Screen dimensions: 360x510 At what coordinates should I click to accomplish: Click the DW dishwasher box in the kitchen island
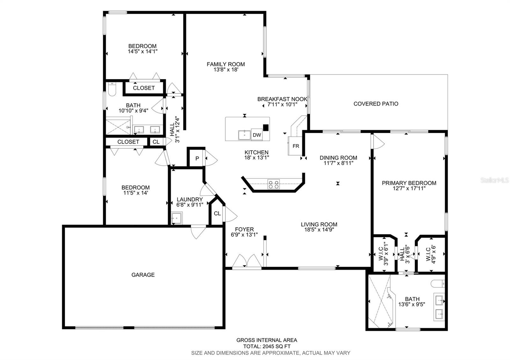(257, 135)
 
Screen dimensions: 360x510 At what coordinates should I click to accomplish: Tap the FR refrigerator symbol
(296, 146)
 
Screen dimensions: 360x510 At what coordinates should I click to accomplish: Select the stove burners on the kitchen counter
(273, 184)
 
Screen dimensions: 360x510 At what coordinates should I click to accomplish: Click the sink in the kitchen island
(244, 135)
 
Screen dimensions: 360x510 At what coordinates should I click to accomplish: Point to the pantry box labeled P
(197, 158)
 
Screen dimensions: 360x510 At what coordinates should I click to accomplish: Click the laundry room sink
(176, 218)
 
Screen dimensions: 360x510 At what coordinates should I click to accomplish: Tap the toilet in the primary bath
(438, 283)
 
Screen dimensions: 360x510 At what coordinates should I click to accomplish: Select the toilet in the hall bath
(112, 90)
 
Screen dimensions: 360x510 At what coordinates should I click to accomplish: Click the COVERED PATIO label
(376, 104)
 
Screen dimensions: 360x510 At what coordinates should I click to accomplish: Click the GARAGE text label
(143, 275)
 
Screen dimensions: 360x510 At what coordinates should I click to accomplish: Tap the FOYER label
(244, 229)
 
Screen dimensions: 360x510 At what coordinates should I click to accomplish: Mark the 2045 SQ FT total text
(276, 346)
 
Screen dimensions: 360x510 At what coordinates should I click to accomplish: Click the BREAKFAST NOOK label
(282, 99)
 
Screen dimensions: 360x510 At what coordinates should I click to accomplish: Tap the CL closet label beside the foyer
(217, 213)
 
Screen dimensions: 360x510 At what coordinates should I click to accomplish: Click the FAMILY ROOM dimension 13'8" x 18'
(226, 69)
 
